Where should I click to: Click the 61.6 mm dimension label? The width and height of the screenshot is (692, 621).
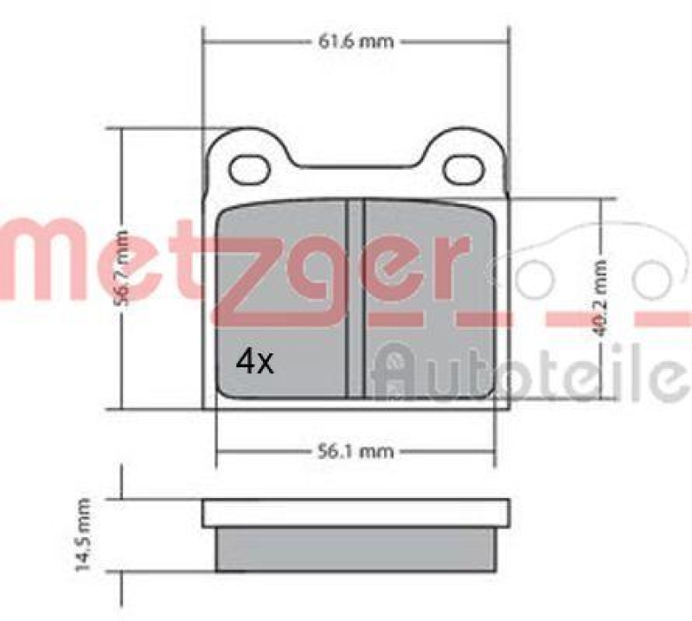(355, 40)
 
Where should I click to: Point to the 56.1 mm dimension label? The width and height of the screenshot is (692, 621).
(355, 450)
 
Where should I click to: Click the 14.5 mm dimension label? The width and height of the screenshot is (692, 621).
(85, 534)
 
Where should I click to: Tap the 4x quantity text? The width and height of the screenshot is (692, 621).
(254, 362)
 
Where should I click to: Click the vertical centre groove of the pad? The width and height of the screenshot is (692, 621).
(355, 299)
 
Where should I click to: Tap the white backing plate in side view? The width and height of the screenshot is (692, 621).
(355, 513)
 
